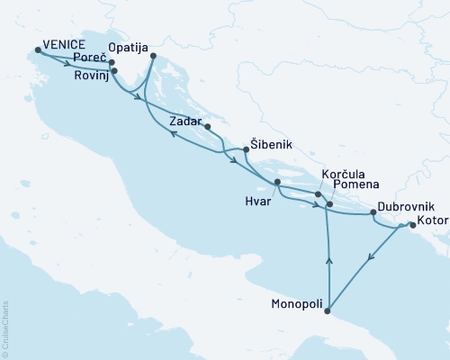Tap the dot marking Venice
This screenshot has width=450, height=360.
point(37,50)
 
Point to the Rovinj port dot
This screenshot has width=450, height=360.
point(114,69)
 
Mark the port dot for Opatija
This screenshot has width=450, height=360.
point(154,56)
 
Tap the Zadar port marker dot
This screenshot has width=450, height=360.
point(207,127)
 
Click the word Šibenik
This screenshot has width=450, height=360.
point(272,144)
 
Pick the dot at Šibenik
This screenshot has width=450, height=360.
point(246,149)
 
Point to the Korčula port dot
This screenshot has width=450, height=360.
point(318,193)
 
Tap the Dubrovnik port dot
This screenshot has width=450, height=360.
point(373,214)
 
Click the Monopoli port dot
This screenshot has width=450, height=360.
point(328,312)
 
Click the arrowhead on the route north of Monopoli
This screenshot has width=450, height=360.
point(328,261)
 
